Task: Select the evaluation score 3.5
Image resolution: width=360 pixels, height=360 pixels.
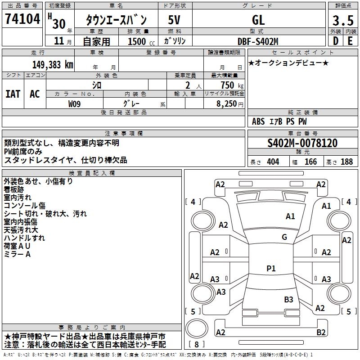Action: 342,20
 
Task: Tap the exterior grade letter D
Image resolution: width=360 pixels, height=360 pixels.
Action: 335,40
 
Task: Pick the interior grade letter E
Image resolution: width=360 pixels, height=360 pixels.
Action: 350,40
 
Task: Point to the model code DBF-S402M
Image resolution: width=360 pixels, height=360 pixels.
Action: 258,41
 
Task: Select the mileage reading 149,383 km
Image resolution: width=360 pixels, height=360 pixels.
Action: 53,64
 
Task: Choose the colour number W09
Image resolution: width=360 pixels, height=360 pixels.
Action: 75,103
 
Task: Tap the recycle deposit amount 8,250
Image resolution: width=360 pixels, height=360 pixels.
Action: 229,103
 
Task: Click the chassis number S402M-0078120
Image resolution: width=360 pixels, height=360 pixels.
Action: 302,143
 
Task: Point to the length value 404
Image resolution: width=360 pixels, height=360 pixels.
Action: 273,162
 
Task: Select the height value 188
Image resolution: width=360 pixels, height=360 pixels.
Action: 346,162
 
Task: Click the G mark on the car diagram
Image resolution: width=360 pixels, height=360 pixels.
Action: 284,237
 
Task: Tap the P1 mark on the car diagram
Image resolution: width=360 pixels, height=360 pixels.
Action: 271,268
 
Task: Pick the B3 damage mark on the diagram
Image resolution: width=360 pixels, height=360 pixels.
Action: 288,299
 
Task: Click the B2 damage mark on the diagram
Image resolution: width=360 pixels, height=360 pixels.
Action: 321,332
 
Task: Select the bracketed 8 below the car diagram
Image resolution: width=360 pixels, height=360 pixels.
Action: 196,345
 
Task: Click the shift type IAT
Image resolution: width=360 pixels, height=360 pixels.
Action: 13,94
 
